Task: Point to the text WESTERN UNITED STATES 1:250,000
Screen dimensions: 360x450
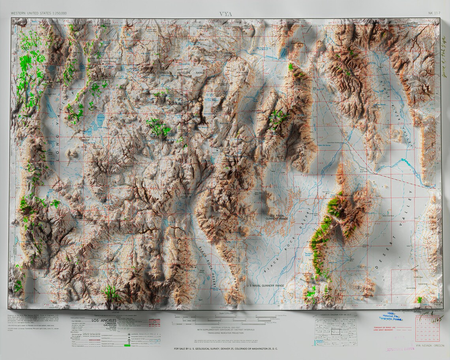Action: pyautogui.click(x=39, y=13)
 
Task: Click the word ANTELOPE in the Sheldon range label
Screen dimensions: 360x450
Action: pyautogui.click(x=186, y=73)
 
